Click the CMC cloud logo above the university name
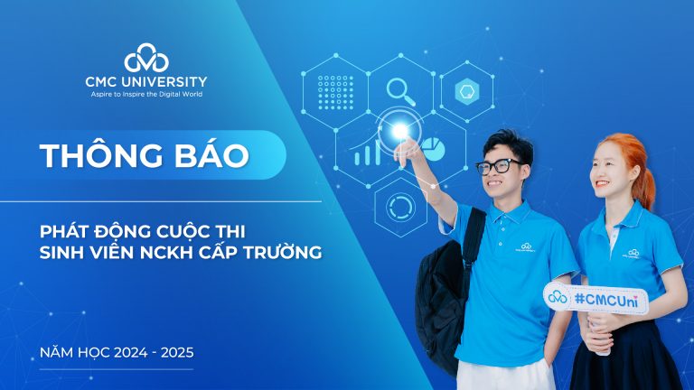[146, 60]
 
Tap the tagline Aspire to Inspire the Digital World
[146, 94]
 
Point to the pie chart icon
[433, 147]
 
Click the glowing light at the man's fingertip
[399, 131]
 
